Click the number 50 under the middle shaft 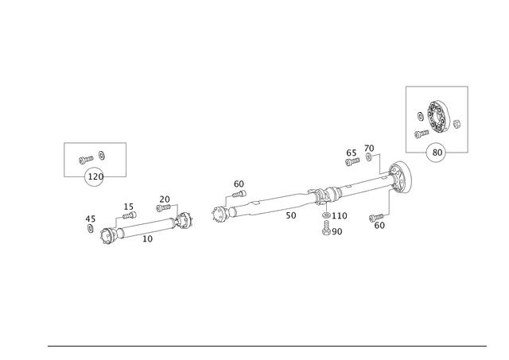click(x=291, y=215)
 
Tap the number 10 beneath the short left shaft click(x=147, y=238)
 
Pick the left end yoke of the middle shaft click(x=220, y=213)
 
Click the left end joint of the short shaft click(x=108, y=235)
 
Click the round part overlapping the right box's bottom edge click(x=435, y=152)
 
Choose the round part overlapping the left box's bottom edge click(x=94, y=177)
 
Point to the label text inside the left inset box click(x=92, y=157)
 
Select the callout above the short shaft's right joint click(x=165, y=202)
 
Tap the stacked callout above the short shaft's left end click(x=128, y=211)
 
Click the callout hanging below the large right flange click(x=379, y=222)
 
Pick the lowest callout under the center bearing click(x=332, y=231)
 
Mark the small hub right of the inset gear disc click(x=457, y=122)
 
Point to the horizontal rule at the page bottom click(x=266, y=345)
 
